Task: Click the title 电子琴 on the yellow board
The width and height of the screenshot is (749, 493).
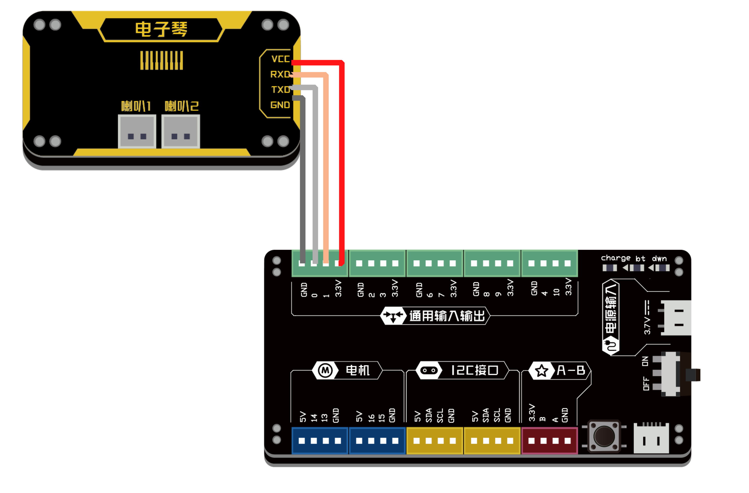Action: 161,30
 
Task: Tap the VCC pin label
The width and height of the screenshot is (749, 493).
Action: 280,59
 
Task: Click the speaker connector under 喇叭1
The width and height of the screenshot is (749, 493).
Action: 137,131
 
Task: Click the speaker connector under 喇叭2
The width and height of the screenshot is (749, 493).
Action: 181,131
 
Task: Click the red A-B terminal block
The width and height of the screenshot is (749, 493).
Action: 549,441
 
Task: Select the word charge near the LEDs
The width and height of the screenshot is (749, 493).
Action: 616,258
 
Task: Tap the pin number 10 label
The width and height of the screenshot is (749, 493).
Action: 556,292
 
